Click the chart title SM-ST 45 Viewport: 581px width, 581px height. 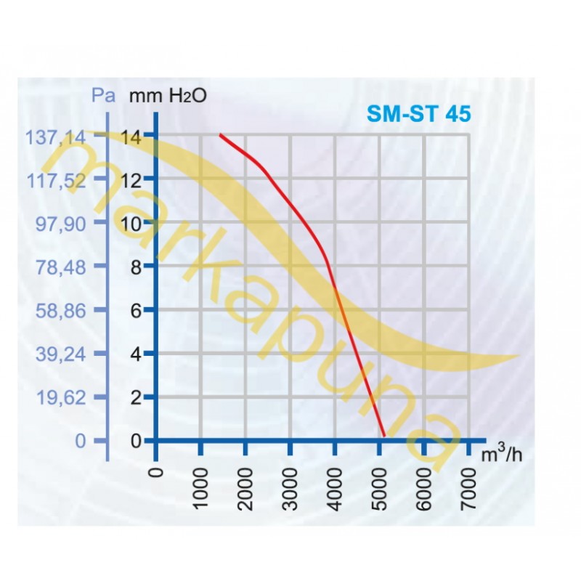[x=418, y=114]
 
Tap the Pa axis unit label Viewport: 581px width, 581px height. [x=103, y=95]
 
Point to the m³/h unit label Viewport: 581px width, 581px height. [x=502, y=455]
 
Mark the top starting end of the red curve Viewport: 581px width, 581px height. [x=220, y=135]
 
